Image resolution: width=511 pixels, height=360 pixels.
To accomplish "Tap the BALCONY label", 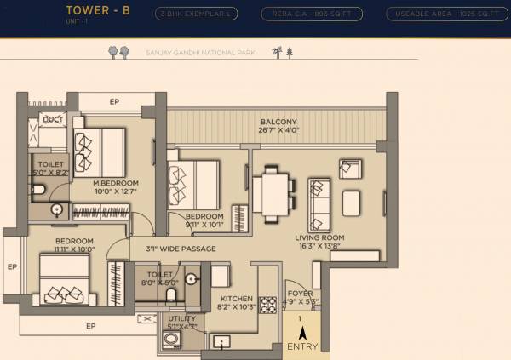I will (x=279, y=123).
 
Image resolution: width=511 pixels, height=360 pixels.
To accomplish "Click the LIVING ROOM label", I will (x=319, y=237).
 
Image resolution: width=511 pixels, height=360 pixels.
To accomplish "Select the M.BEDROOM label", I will (x=116, y=183).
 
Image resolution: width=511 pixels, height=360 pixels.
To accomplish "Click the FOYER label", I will (x=299, y=294).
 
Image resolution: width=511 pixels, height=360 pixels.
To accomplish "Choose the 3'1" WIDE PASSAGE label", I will (x=181, y=249).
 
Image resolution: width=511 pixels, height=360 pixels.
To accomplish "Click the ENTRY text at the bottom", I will (x=302, y=346).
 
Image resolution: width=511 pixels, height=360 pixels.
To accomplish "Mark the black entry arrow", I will (x=302, y=333).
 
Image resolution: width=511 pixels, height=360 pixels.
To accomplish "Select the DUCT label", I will (x=53, y=119).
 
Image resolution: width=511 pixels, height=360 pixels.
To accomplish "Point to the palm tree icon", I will (x=275, y=52).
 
